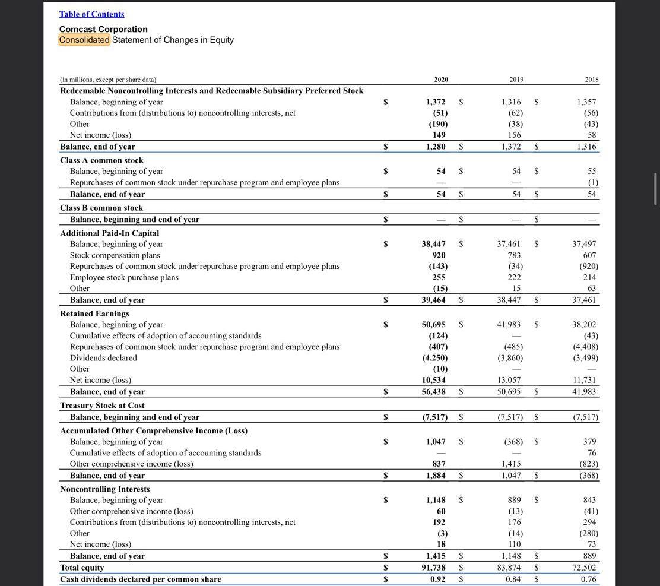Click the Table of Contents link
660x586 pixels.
coord(91,14)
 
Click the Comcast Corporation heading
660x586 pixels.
coord(103,29)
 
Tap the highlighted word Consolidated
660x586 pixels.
coord(84,40)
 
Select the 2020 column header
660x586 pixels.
coord(440,80)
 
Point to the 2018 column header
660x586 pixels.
coord(591,80)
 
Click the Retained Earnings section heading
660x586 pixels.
coord(94,313)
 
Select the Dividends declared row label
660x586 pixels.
coord(103,358)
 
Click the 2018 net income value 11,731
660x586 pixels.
coord(584,380)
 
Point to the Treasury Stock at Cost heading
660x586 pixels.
coord(102,406)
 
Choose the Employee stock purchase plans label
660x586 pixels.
coord(124,277)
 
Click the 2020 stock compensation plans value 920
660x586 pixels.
coord(439,255)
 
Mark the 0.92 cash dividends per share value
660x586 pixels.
coord(438,579)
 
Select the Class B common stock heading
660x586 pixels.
coord(101,208)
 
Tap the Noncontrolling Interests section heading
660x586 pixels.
coord(104,489)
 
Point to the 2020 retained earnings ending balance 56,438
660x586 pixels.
coord(433,392)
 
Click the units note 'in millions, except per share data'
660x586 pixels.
coord(108,80)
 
